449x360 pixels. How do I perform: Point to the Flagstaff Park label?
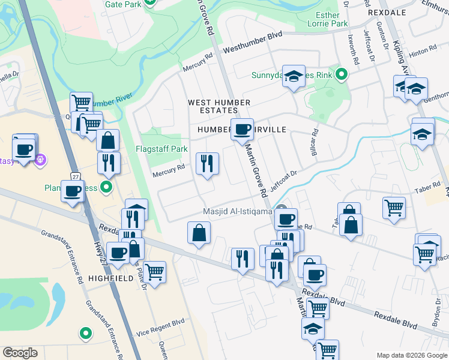[x=161, y=149]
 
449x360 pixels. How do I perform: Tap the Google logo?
[x=20, y=352]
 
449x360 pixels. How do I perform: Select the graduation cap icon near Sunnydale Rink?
[x=294, y=76]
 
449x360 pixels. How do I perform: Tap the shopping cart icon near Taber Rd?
[x=394, y=207]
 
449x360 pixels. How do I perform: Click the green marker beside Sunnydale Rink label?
[x=341, y=75]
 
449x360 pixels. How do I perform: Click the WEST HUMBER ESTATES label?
[x=219, y=103]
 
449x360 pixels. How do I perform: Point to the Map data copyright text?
[x=411, y=354]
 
